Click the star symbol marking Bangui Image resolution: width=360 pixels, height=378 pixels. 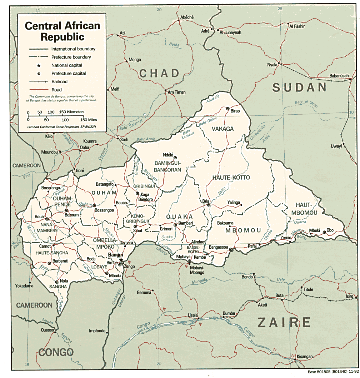tap(121, 260)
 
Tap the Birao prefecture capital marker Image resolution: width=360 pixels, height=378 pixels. tap(227, 109)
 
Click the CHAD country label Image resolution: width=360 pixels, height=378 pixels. tap(159, 74)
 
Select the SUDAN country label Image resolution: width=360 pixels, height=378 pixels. tap(300, 88)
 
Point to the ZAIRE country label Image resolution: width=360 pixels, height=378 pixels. tap(284, 322)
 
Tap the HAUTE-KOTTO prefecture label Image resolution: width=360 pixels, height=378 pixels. tap(231, 178)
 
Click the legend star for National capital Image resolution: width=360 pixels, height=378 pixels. tap(39, 65)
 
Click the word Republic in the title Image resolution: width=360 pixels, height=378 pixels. tap(62, 36)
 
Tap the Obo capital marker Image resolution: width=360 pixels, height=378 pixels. tap(324, 232)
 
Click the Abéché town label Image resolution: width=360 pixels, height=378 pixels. tap(187, 18)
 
